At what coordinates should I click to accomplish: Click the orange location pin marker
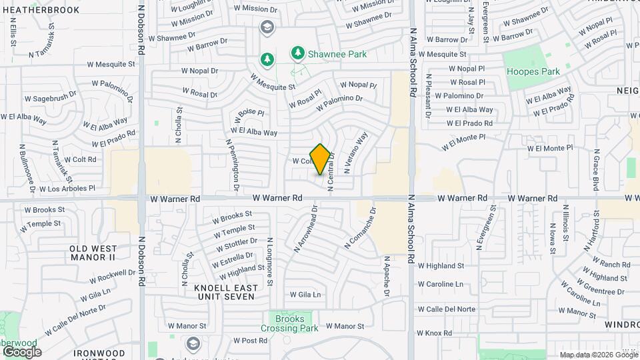[x=320, y=159]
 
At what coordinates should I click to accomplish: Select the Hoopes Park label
[x=533, y=71]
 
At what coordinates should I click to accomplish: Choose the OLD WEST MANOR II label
[x=93, y=253]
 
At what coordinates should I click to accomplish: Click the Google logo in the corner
[x=21, y=351]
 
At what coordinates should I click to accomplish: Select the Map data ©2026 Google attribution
[x=597, y=355]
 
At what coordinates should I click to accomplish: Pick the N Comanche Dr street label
[x=360, y=228]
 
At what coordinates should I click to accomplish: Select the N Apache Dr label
[x=386, y=275]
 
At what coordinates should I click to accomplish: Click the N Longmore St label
[x=270, y=261]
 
